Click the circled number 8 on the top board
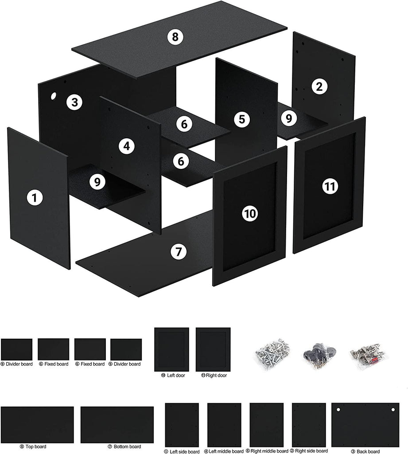click(175, 37)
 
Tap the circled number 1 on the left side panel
click(35, 198)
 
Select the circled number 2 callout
click(319, 86)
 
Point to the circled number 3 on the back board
click(75, 102)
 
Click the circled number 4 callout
click(127, 146)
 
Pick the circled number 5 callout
click(242, 119)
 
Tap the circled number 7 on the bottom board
click(179, 251)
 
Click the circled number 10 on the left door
click(250, 214)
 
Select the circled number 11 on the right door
click(330, 186)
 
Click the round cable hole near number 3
click(54, 96)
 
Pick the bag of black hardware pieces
click(320, 354)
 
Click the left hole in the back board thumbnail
click(338, 410)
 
